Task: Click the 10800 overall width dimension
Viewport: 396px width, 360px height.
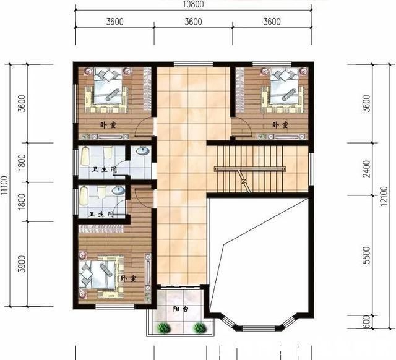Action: point(193,4)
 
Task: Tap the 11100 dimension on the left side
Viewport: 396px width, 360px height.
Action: point(4,186)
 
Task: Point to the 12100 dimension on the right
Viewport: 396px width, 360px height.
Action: point(384,196)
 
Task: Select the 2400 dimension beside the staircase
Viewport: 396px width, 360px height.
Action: point(366,169)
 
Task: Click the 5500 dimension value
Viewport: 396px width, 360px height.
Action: point(366,255)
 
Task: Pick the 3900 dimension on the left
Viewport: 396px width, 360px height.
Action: point(22,264)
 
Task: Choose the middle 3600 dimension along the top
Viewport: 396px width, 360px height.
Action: point(193,22)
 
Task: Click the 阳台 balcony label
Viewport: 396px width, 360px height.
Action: point(181,309)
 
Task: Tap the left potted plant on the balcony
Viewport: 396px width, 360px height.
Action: point(163,327)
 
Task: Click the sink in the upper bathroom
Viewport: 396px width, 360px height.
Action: point(143,151)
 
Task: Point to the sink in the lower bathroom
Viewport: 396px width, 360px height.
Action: point(118,190)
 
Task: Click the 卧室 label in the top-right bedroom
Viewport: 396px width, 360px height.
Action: point(280,125)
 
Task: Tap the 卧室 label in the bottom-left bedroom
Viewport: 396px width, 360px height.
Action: point(128,279)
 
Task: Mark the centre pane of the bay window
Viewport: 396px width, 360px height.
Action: point(259,328)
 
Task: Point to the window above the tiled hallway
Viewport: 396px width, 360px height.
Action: point(193,64)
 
